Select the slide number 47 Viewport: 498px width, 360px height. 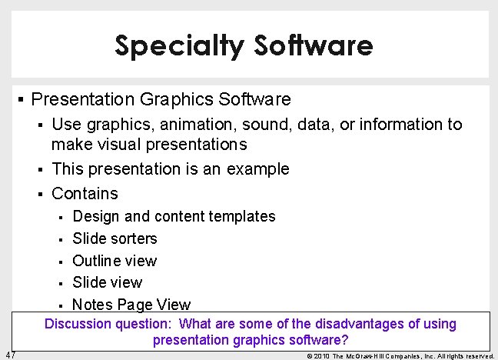pos(10,355)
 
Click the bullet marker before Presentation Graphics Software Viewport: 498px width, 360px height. pos(21,100)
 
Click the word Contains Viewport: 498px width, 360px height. pos(85,193)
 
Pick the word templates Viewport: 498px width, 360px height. pos(243,216)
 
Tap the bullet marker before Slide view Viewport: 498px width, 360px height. pos(62,283)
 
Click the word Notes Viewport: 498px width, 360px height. pos(92,305)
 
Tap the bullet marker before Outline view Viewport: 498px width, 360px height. pos(62,262)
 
